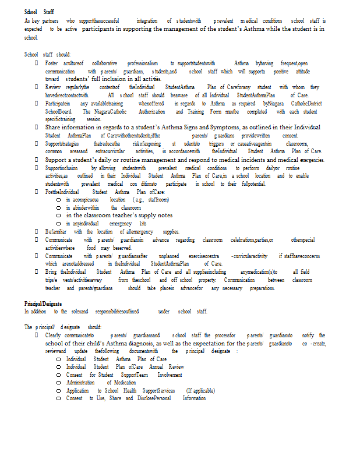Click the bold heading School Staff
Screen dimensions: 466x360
39,12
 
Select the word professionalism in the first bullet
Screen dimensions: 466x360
143,63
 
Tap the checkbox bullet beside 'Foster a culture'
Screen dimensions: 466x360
37,63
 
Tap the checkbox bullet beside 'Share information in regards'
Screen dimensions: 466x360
37,127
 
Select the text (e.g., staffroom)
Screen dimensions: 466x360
151,200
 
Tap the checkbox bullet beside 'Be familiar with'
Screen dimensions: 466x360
37,232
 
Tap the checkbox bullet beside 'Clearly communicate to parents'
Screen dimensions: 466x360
37,336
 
